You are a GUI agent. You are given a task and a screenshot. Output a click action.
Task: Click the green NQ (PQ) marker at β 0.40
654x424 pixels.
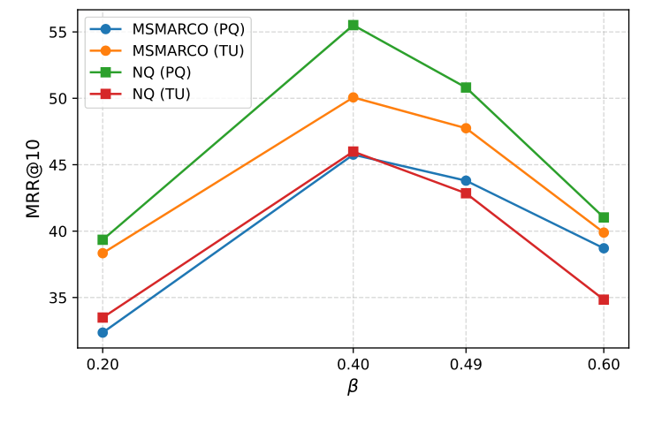(354, 25)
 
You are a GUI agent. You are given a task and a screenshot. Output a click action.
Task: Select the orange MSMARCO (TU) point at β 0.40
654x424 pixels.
(354, 97)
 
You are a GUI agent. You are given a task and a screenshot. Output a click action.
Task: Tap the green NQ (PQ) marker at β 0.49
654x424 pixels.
(466, 87)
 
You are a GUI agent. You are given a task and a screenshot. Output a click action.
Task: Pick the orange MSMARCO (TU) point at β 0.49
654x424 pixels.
(466, 128)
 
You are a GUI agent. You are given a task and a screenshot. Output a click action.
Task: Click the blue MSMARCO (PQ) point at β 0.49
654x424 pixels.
(466, 181)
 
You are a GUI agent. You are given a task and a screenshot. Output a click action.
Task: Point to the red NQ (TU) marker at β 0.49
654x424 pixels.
(466, 193)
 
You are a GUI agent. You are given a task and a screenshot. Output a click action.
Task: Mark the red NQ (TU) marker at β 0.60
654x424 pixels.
(604, 299)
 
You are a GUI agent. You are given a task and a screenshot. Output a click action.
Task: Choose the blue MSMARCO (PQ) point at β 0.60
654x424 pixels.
(604, 248)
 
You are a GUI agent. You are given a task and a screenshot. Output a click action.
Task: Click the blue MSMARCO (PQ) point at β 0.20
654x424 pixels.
(103, 332)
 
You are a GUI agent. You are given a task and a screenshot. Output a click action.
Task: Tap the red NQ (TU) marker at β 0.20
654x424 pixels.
(103, 317)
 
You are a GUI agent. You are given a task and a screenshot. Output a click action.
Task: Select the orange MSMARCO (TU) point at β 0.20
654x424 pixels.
(103, 253)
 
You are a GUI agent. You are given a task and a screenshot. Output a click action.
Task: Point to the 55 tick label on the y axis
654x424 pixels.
(59, 32)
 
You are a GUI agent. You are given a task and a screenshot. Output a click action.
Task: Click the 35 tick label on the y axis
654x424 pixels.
(59, 298)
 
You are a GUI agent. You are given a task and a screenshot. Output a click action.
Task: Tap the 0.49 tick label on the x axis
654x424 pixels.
(466, 364)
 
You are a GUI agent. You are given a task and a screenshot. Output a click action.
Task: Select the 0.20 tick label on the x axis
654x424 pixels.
(103, 364)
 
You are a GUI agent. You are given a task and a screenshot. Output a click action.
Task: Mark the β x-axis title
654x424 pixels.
(353, 387)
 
